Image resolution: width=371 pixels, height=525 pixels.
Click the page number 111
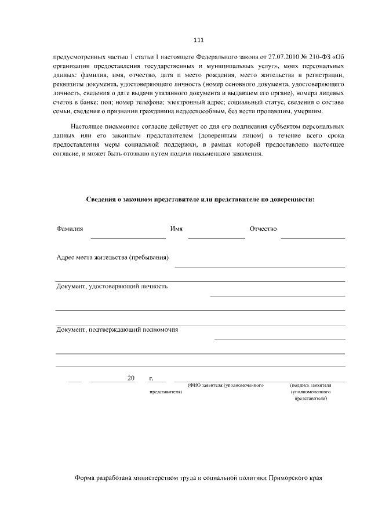[x=198, y=40]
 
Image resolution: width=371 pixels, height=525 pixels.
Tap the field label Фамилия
[x=70, y=229]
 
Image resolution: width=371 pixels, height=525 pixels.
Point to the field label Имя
[x=177, y=229]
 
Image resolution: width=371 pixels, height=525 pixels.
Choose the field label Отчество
[x=263, y=229]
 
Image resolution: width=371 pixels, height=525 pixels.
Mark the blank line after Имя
[x=216, y=238]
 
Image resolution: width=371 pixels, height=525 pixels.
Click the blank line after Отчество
[x=312, y=238]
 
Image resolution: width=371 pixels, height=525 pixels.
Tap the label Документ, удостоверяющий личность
[x=112, y=286]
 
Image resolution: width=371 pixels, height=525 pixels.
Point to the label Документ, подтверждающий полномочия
[x=117, y=330]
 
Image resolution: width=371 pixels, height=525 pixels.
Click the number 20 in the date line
[x=130, y=378]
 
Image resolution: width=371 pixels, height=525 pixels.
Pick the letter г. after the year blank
[x=151, y=378]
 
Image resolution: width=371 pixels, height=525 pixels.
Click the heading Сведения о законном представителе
[x=201, y=200]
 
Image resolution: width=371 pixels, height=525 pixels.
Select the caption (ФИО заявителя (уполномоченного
[x=226, y=385]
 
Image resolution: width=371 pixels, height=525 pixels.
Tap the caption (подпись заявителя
[x=310, y=385]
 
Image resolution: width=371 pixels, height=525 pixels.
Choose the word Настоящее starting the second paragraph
[x=87, y=126]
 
